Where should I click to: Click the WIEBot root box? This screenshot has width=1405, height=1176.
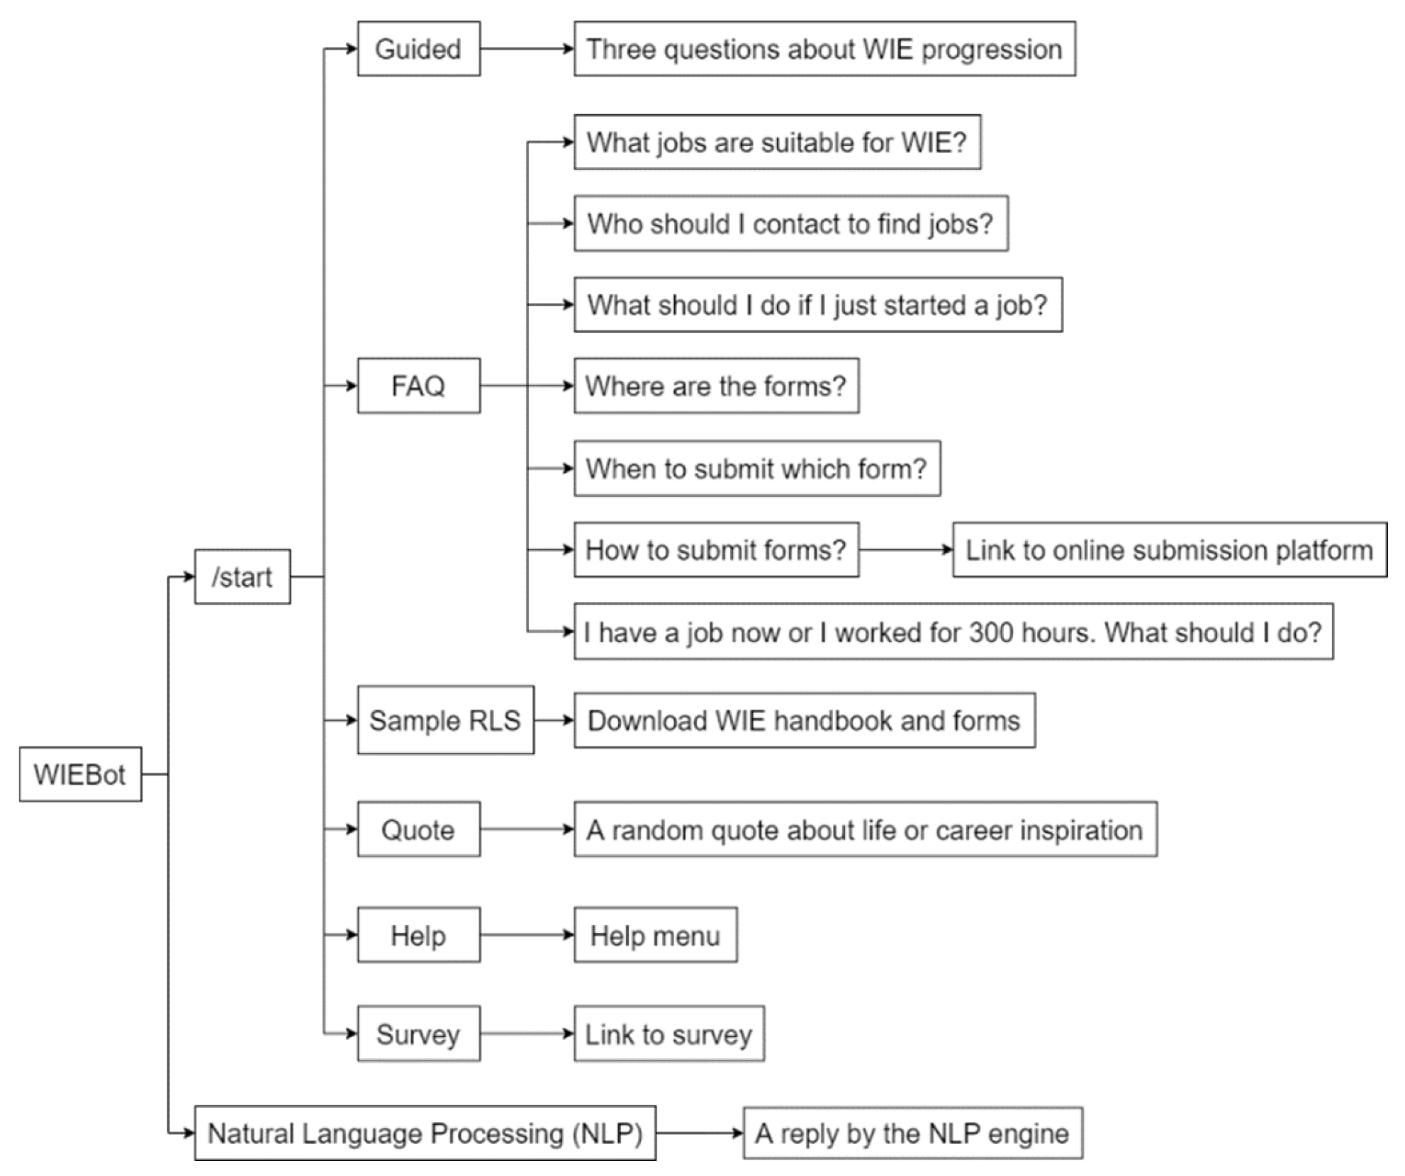point(80,774)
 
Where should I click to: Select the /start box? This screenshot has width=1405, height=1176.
point(242,576)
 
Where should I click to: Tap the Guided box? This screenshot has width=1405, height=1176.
point(418,49)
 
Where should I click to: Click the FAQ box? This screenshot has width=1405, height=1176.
point(418,386)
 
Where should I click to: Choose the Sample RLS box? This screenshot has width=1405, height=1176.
point(445,720)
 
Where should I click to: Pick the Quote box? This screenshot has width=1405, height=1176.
point(418,829)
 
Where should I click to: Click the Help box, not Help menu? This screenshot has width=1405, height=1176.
point(418,935)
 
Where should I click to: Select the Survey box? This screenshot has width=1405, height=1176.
point(418,1034)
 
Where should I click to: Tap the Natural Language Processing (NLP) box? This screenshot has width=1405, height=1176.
point(425,1133)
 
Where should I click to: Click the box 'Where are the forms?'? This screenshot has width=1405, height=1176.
point(716,386)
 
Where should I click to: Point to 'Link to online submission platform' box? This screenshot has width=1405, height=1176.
point(1169,550)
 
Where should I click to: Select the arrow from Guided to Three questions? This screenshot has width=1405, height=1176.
point(526,49)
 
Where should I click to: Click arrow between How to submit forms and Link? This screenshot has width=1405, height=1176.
point(905,550)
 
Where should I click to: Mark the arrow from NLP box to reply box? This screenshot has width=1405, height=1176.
point(699,1133)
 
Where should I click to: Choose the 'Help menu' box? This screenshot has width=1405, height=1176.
point(655,935)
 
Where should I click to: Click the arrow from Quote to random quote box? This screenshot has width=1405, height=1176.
point(526,829)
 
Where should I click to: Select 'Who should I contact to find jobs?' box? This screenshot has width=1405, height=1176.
point(790,223)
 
